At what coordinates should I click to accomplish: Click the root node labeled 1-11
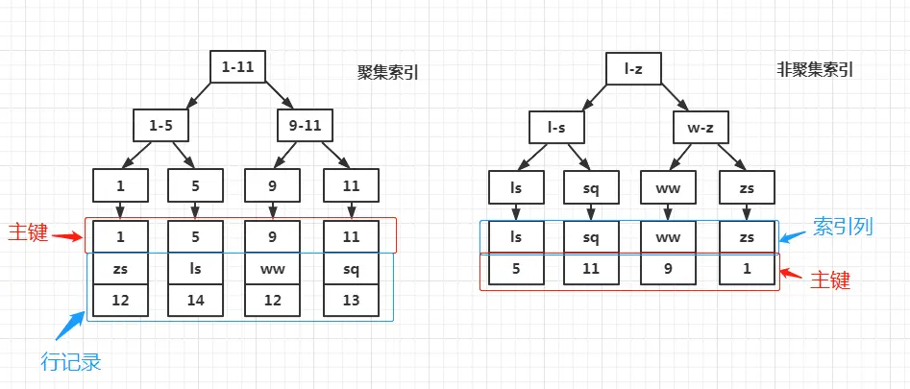pos(237,66)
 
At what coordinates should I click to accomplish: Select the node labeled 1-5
pos(160,124)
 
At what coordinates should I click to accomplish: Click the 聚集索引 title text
pos(389,73)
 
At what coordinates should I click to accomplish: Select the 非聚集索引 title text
pos(815,69)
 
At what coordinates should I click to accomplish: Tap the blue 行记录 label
pos(70,362)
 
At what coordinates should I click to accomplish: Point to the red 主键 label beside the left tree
pos(28,233)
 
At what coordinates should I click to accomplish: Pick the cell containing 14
pos(195,301)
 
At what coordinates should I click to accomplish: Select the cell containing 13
pos(352,301)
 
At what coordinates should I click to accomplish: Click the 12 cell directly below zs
pos(120,301)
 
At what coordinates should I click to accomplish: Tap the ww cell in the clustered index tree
pos(273,268)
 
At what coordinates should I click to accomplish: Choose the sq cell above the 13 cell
pos(352,268)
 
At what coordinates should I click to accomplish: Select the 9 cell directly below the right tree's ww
pos(669,270)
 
